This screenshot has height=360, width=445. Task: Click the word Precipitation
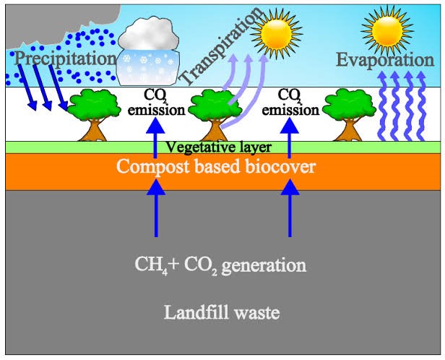pyautogui.click(x=65, y=58)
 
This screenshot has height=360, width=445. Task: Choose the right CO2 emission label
pyautogui.click(x=290, y=103)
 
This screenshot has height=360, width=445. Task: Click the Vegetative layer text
pyautogui.click(x=219, y=147)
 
